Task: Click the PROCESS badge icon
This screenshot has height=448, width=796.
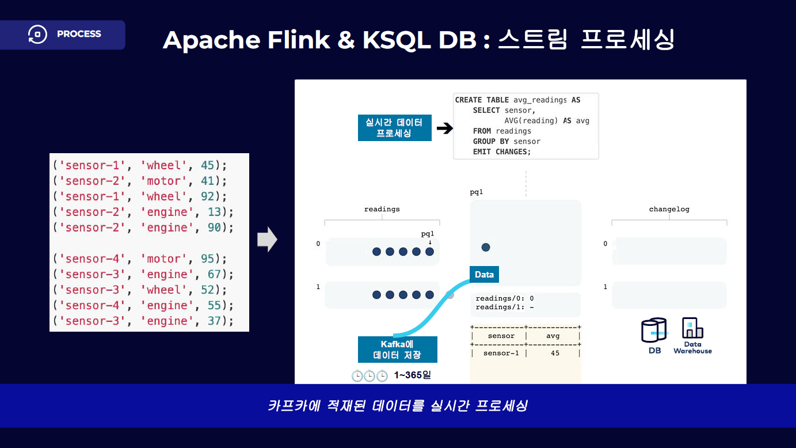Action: pos(37,34)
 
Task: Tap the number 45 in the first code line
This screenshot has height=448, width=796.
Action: pos(208,165)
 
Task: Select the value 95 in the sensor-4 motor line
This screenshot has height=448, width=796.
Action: pos(208,259)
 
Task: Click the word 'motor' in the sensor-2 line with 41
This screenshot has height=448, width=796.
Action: pos(164,181)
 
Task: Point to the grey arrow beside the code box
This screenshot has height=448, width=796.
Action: pos(267,240)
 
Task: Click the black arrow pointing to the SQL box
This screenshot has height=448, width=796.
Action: pos(444,128)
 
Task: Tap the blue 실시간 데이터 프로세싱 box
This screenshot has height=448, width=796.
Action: pos(394,128)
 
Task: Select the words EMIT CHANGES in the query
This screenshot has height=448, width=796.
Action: pos(502,152)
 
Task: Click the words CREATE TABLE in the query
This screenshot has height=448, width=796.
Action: pos(482,100)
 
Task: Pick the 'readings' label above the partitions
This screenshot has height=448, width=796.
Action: pos(382,209)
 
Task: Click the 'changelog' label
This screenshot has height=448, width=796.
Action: pos(669,209)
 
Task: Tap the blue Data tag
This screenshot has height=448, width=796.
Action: pos(484,274)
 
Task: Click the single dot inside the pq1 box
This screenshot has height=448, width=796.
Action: pos(486,247)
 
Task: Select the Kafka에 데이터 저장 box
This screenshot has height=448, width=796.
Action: pos(397,350)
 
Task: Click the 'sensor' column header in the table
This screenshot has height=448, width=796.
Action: pos(501,336)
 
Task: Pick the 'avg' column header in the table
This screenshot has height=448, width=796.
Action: pos(553,336)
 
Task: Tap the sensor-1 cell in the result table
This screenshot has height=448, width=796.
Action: pos(501,353)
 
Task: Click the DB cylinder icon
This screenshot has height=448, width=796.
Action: pos(654,330)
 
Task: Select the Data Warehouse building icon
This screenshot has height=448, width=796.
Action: pos(692,328)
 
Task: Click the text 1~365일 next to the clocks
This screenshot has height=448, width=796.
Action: pos(412,375)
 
